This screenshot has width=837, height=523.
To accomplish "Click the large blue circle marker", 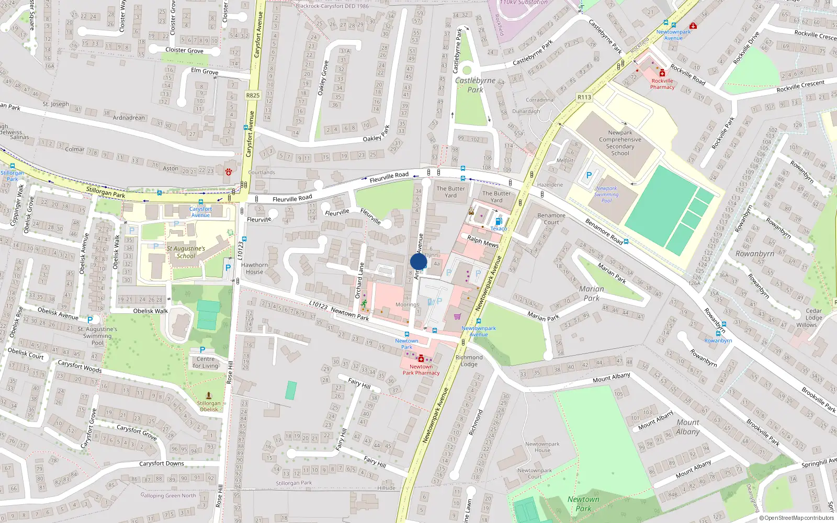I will pos(418,262).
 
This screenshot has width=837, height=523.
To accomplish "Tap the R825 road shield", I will pos(253,95).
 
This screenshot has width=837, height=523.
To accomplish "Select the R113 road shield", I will pos(584,97).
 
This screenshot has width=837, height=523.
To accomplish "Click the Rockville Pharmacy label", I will pos(662,84).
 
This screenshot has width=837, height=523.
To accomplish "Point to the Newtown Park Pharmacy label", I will pos(421,370).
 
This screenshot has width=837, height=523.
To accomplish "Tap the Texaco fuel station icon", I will pos(499,222).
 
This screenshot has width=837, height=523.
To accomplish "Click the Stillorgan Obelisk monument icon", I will pos(209,396).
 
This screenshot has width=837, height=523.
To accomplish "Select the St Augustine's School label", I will pos(186,252).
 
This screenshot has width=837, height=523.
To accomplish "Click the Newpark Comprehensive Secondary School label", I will pos(620,143).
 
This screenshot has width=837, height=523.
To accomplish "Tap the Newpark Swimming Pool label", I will pos(606,195).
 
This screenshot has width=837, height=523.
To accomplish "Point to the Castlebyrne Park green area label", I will pos(475,85).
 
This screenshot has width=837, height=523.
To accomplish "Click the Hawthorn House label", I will pos(254,268).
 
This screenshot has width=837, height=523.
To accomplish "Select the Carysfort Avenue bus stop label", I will pos(200,212).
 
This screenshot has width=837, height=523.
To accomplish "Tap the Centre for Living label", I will pos(206,362).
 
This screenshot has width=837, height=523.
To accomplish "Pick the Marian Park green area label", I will pos(591,293).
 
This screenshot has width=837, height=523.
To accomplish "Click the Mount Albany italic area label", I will pos(687,427).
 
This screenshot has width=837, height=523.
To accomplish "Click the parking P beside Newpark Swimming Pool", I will pos(589,176).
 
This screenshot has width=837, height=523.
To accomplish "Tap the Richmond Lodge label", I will pos(469,361).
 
